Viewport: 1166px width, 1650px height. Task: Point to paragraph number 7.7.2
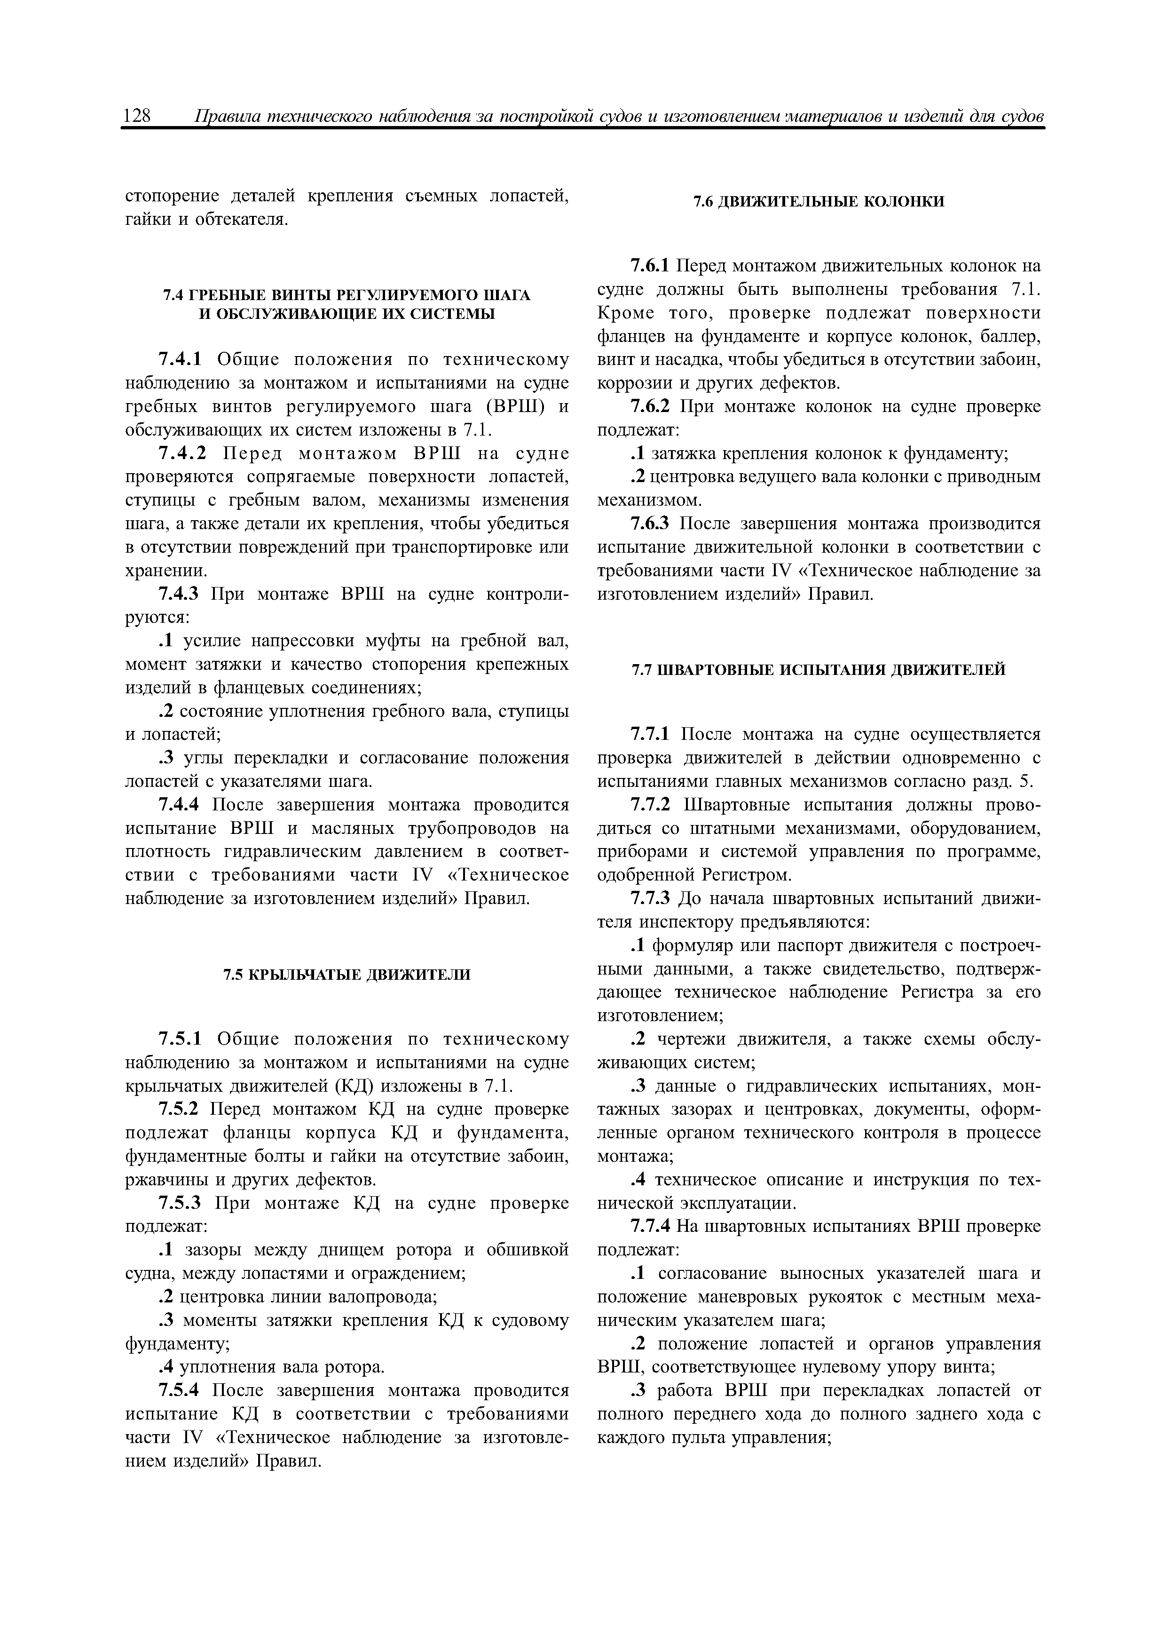650,805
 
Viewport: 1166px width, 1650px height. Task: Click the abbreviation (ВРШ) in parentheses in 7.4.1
512,407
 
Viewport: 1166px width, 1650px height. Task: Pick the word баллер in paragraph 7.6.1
1008,336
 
